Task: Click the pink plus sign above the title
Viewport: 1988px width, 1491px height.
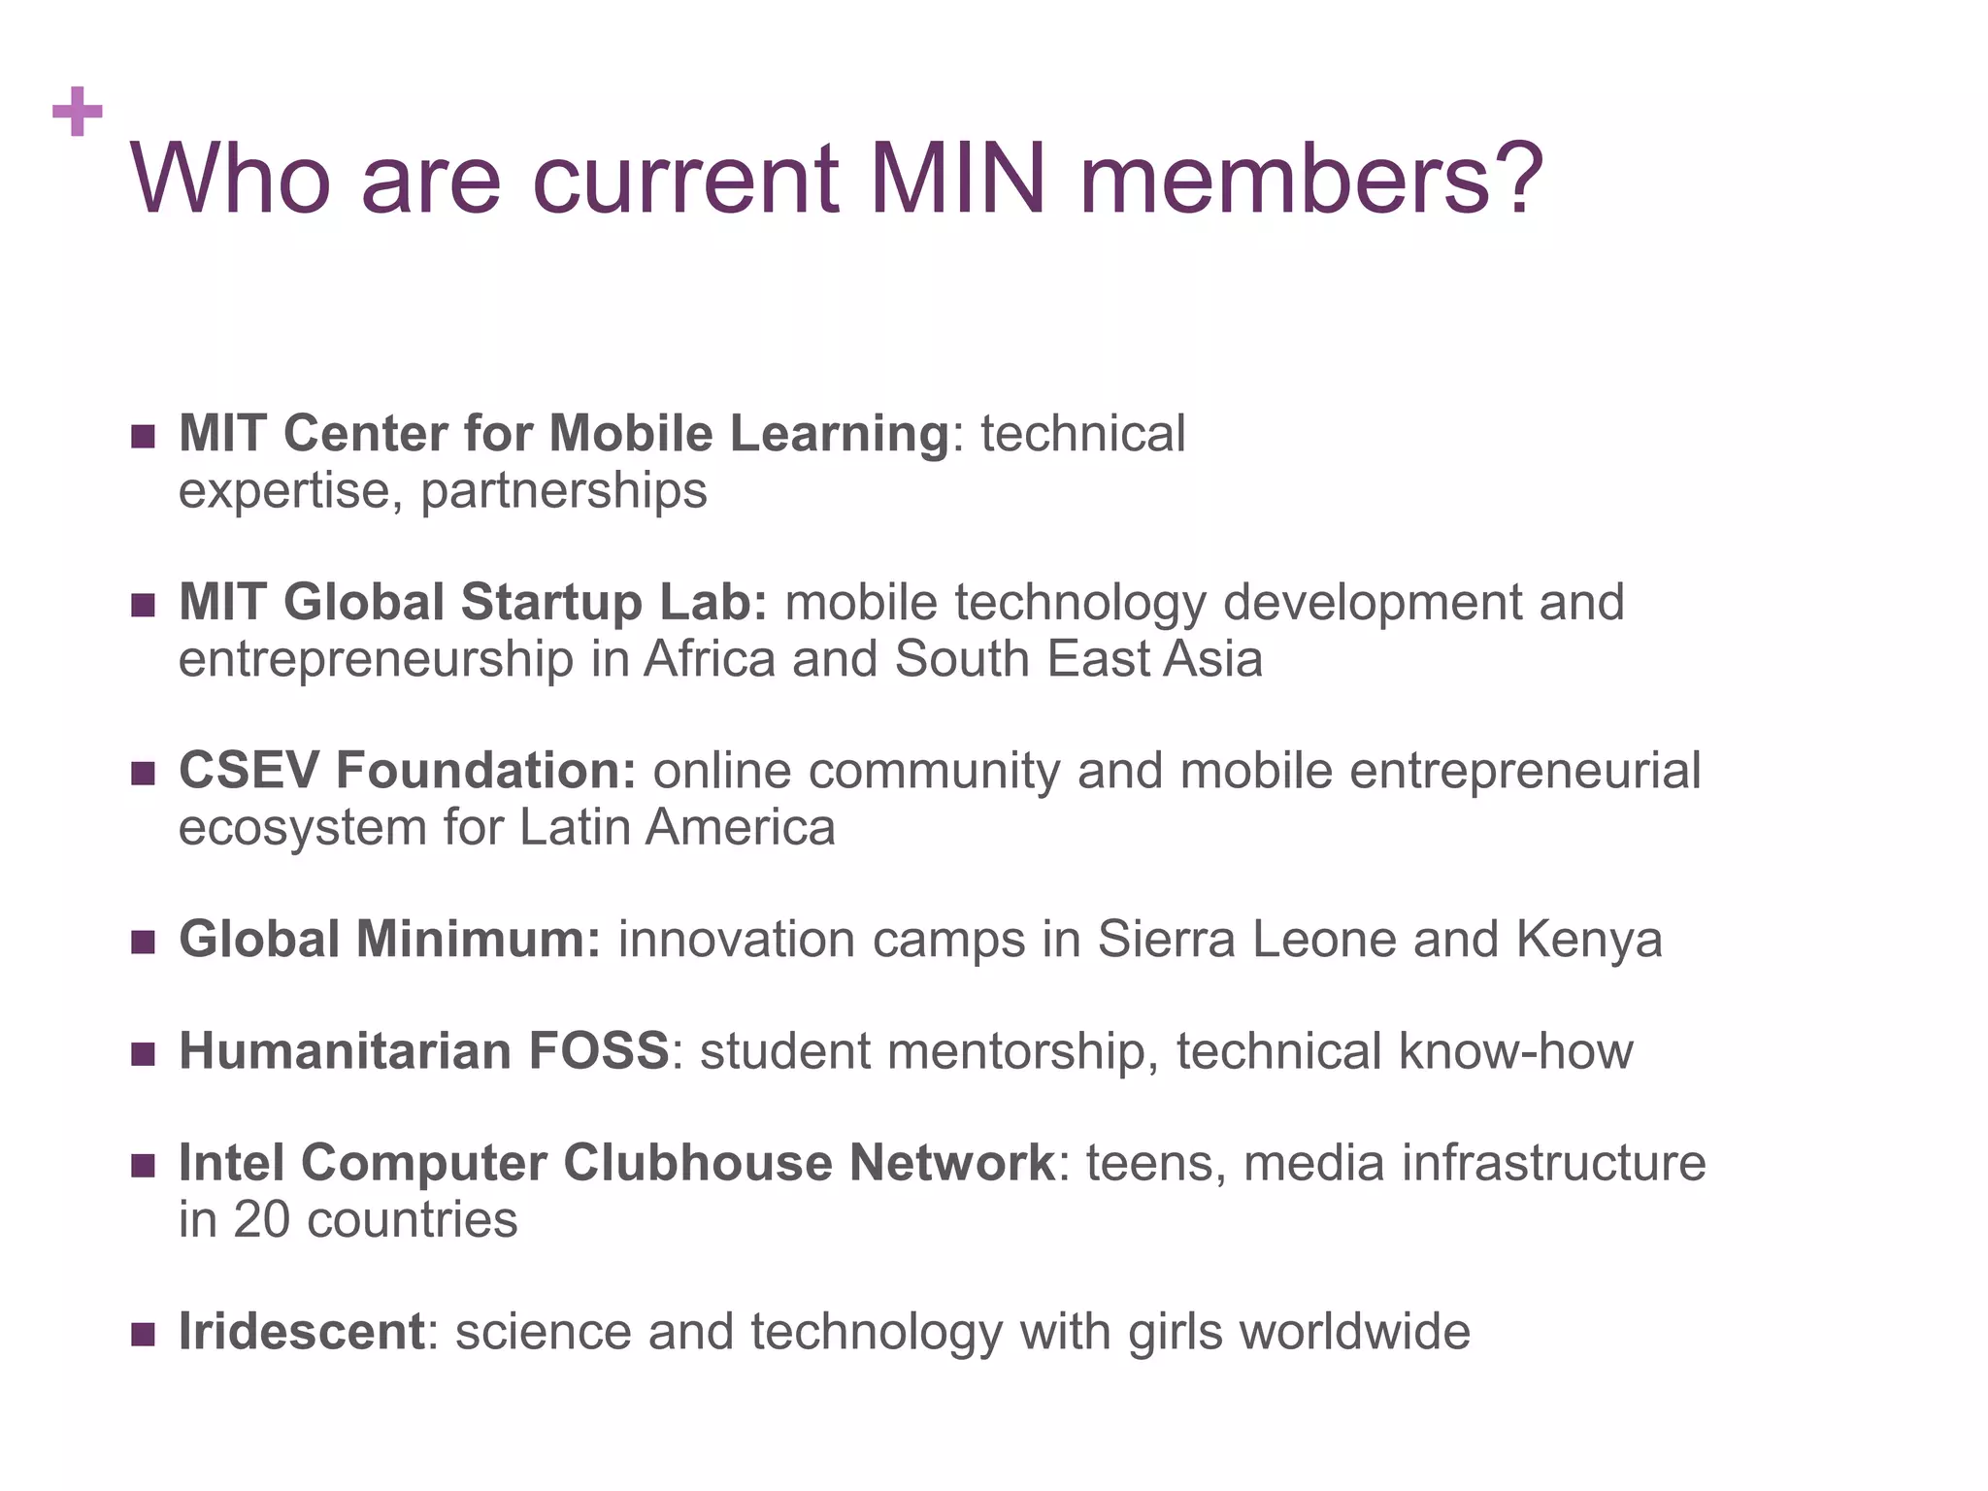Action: (78, 112)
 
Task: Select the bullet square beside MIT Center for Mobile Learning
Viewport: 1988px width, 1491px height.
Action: (143, 437)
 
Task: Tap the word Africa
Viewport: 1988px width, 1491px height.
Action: (710, 659)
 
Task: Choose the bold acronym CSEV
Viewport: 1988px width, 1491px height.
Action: (248, 771)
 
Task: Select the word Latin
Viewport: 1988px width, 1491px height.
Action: (568, 828)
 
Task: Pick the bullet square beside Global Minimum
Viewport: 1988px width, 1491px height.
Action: (143, 943)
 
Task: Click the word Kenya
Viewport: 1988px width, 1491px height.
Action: (1589, 940)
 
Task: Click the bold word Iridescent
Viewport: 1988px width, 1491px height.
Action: (301, 1332)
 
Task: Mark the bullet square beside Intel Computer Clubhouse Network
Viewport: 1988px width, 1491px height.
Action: (143, 1166)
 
